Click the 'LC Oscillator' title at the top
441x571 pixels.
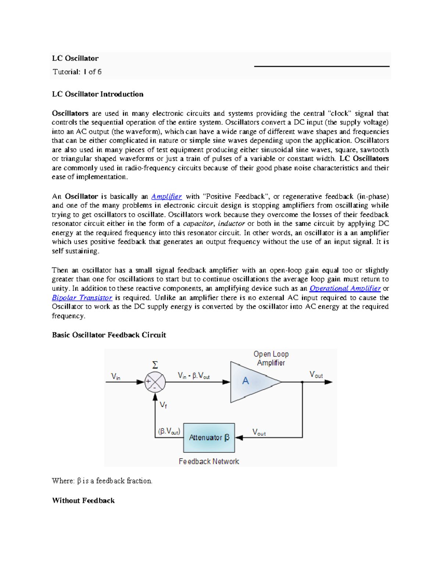click(x=75, y=58)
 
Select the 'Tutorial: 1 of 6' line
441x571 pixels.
click(x=77, y=72)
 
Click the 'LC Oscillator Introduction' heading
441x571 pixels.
click(x=97, y=94)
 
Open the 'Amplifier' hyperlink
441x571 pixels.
click(x=166, y=196)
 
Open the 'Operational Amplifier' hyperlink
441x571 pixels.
click(x=345, y=288)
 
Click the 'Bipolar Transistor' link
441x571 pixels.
click(x=82, y=297)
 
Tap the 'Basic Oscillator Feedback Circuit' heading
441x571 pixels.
click(x=109, y=335)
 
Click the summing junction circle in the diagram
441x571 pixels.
click(x=155, y=382)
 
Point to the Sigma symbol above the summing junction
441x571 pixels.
click(x=155, y=365)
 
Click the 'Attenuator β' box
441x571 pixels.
click(x=209, y=438)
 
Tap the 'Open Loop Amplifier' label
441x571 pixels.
click(x=271, y=358)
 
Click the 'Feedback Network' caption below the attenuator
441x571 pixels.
click(x=209, y=461)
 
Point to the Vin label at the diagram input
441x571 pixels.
click(x=116, y=376)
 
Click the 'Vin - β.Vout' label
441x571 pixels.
click(x=194, y=375)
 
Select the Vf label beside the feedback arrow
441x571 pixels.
click(x=163, y=405)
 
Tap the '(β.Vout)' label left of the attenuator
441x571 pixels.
click(x=169, y=431)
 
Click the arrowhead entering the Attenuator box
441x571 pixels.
click(x=239, y=438)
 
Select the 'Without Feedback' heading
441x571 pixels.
click(x=83, y=500)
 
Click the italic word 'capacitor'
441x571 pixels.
click(x=198, y=224)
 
